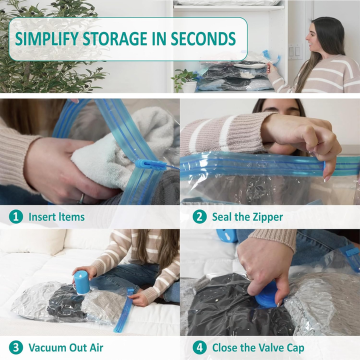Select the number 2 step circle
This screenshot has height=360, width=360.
pyautogui.click(x=199, y=216)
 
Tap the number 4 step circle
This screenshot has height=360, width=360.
pyautogui.click(x=199, y=347)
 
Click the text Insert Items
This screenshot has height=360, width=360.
pyautogui.click(x=56, y=217)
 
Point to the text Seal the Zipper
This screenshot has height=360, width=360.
pyautogui.click(x=247, y=217)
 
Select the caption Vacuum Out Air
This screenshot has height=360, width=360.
pyautogui.click(x=65, y=347)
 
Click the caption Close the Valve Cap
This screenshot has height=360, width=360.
pyautogui.click(x=258, y=347)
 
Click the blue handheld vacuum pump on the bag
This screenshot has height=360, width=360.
pyautogui.click(x=81, y=282)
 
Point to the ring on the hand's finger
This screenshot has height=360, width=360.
pyautogui.click(x=81, y=198)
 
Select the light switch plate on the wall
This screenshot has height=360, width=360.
pyautogui.click(x=294, y=52)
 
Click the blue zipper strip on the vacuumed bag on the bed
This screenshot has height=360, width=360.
pyautogui.click(x=123, y=310)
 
